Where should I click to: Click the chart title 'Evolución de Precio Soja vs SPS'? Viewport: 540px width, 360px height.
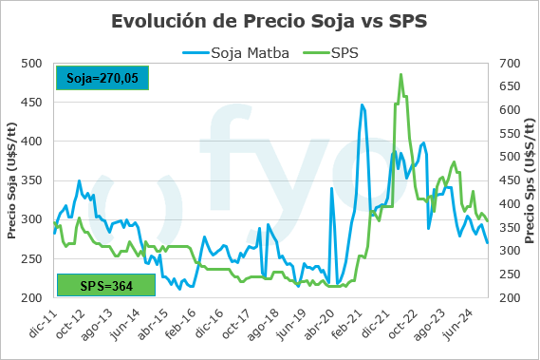coord(270,20)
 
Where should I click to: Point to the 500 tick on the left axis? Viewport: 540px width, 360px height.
coord(31,64)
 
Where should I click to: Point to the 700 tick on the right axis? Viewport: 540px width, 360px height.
coord(511,64)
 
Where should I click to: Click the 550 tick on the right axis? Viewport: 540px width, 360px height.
coord(511,133)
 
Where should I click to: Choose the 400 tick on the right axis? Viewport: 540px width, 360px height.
coord(511,203)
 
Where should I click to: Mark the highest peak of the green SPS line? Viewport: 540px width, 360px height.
coord(400,74)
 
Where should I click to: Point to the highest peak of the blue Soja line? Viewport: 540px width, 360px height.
coord(362,104)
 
